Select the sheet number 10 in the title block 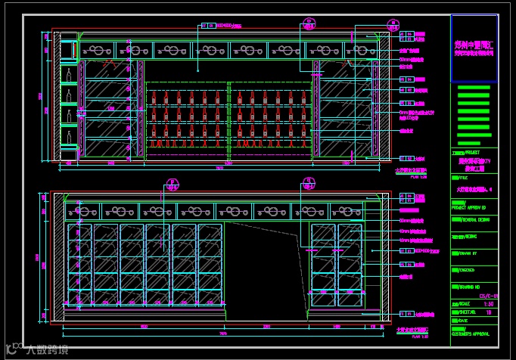tap(489, 311)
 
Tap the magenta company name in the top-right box tap(474, 49)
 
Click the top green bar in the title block tap(474, 88)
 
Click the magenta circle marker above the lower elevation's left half tap(173, 184)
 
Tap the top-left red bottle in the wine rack tap(154, 97)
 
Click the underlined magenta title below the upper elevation tap(412, 171)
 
